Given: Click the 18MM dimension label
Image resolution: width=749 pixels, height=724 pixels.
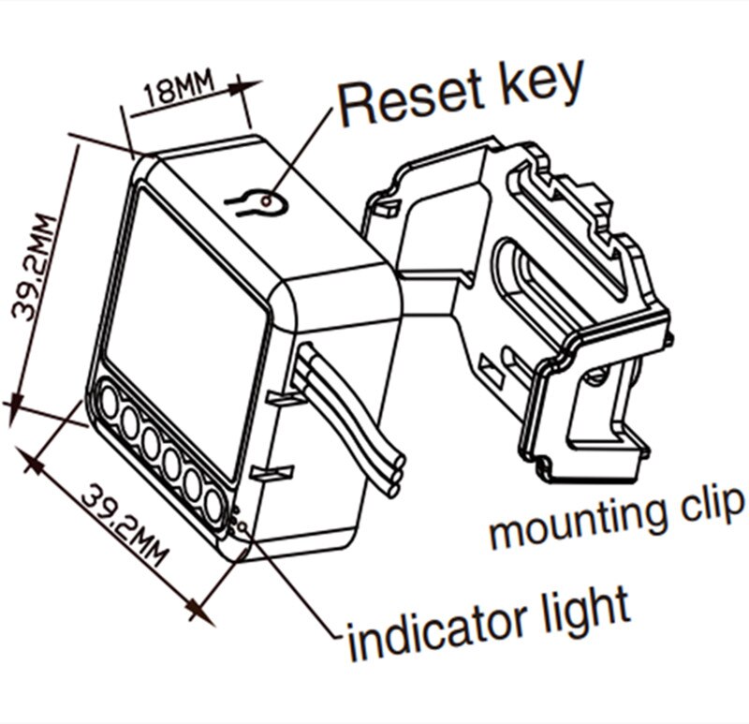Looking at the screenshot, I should (177, 91).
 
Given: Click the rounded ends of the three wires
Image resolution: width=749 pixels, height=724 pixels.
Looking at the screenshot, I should (397, 472).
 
